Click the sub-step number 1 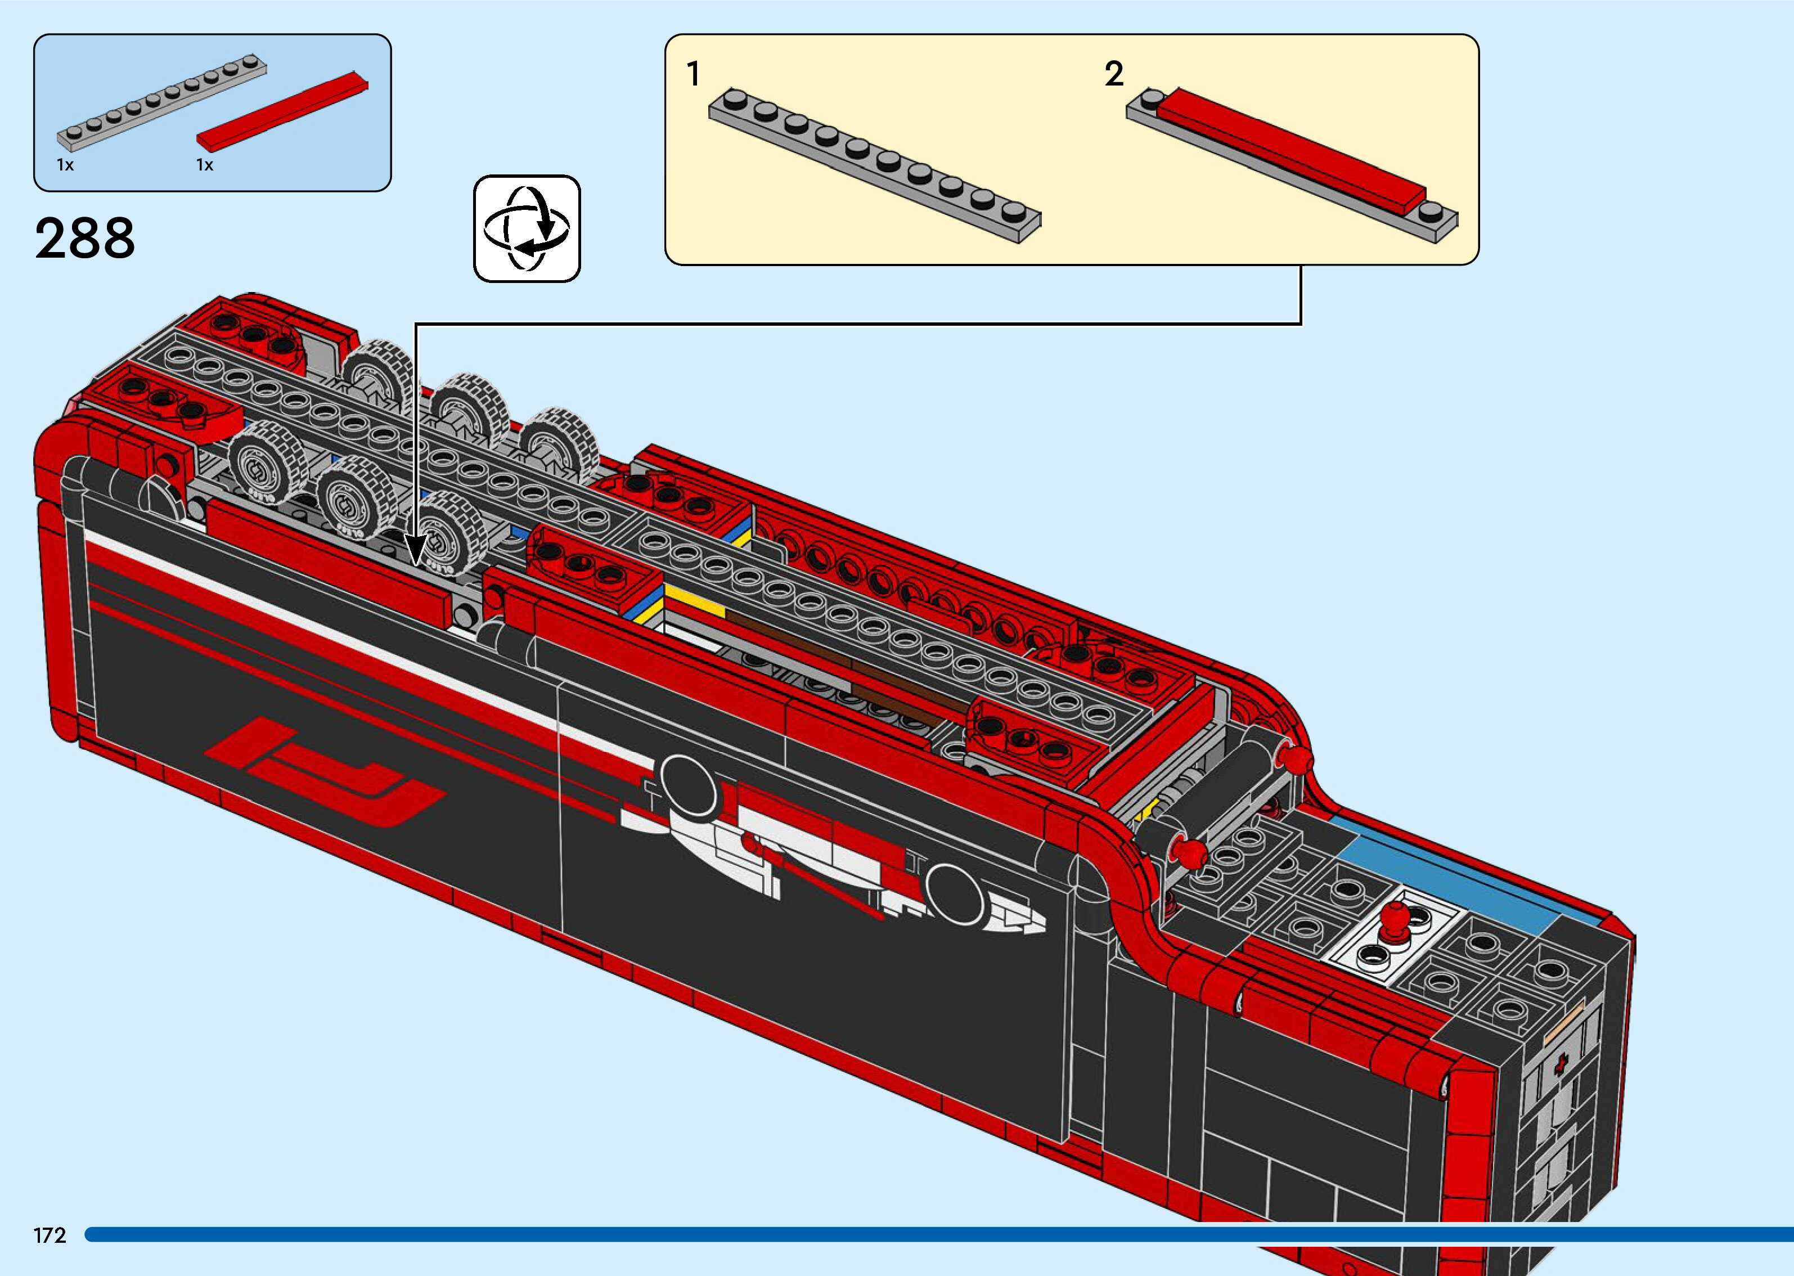(693, 74)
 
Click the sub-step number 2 (1114, 74)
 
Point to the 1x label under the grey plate (65, 165)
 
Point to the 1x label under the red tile (205, 165)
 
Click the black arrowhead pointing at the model (416, 551)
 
